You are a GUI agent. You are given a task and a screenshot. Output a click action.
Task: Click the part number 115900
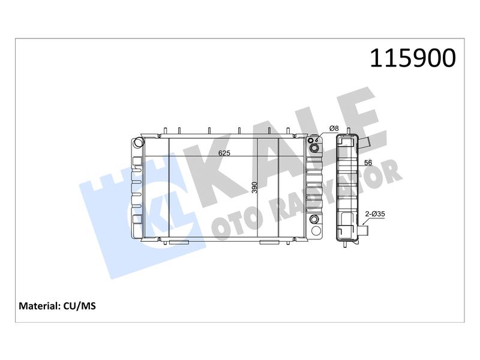tap(413, 58)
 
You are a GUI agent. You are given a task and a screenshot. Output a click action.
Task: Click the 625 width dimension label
tap(224, 153)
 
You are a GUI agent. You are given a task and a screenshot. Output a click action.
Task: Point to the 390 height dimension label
tap(254, 187)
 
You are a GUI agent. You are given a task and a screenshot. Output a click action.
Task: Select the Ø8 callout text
tap(334, 128)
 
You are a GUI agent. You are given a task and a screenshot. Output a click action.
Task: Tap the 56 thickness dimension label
tap(368, 163)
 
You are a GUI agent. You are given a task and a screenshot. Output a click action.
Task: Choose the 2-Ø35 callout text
tap(375, 214)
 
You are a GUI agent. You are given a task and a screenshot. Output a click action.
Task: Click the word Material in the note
tap(39, 306)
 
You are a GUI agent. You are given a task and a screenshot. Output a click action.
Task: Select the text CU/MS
tap(80, 306)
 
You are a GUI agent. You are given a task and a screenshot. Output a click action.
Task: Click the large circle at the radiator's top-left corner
tap(139, 143)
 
